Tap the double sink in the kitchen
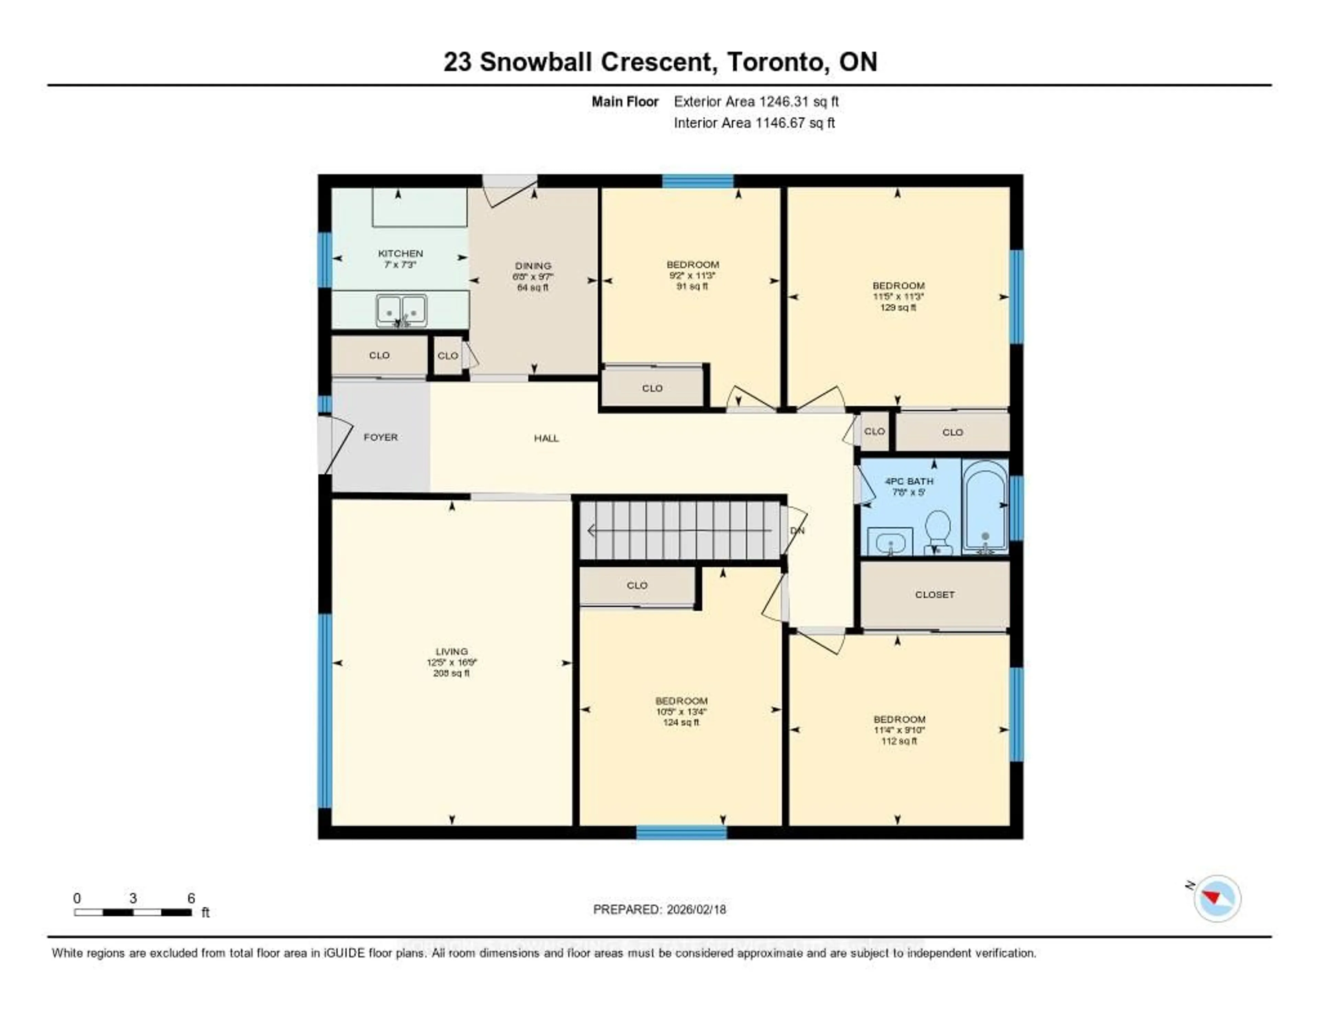click(x=401, y=310)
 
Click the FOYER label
click(x=381, y=437)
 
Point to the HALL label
click(x=546, y=438)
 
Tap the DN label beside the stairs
click(x=797, y=530)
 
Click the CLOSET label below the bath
click(x=934, y=594)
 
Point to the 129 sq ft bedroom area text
click(x=898, y=307)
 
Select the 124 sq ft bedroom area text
click(x=681, y=723)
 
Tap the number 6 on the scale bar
click(x=191, y=898)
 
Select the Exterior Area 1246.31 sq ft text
click(x=756, y=101)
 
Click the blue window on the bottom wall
click(x=681, y=832)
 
